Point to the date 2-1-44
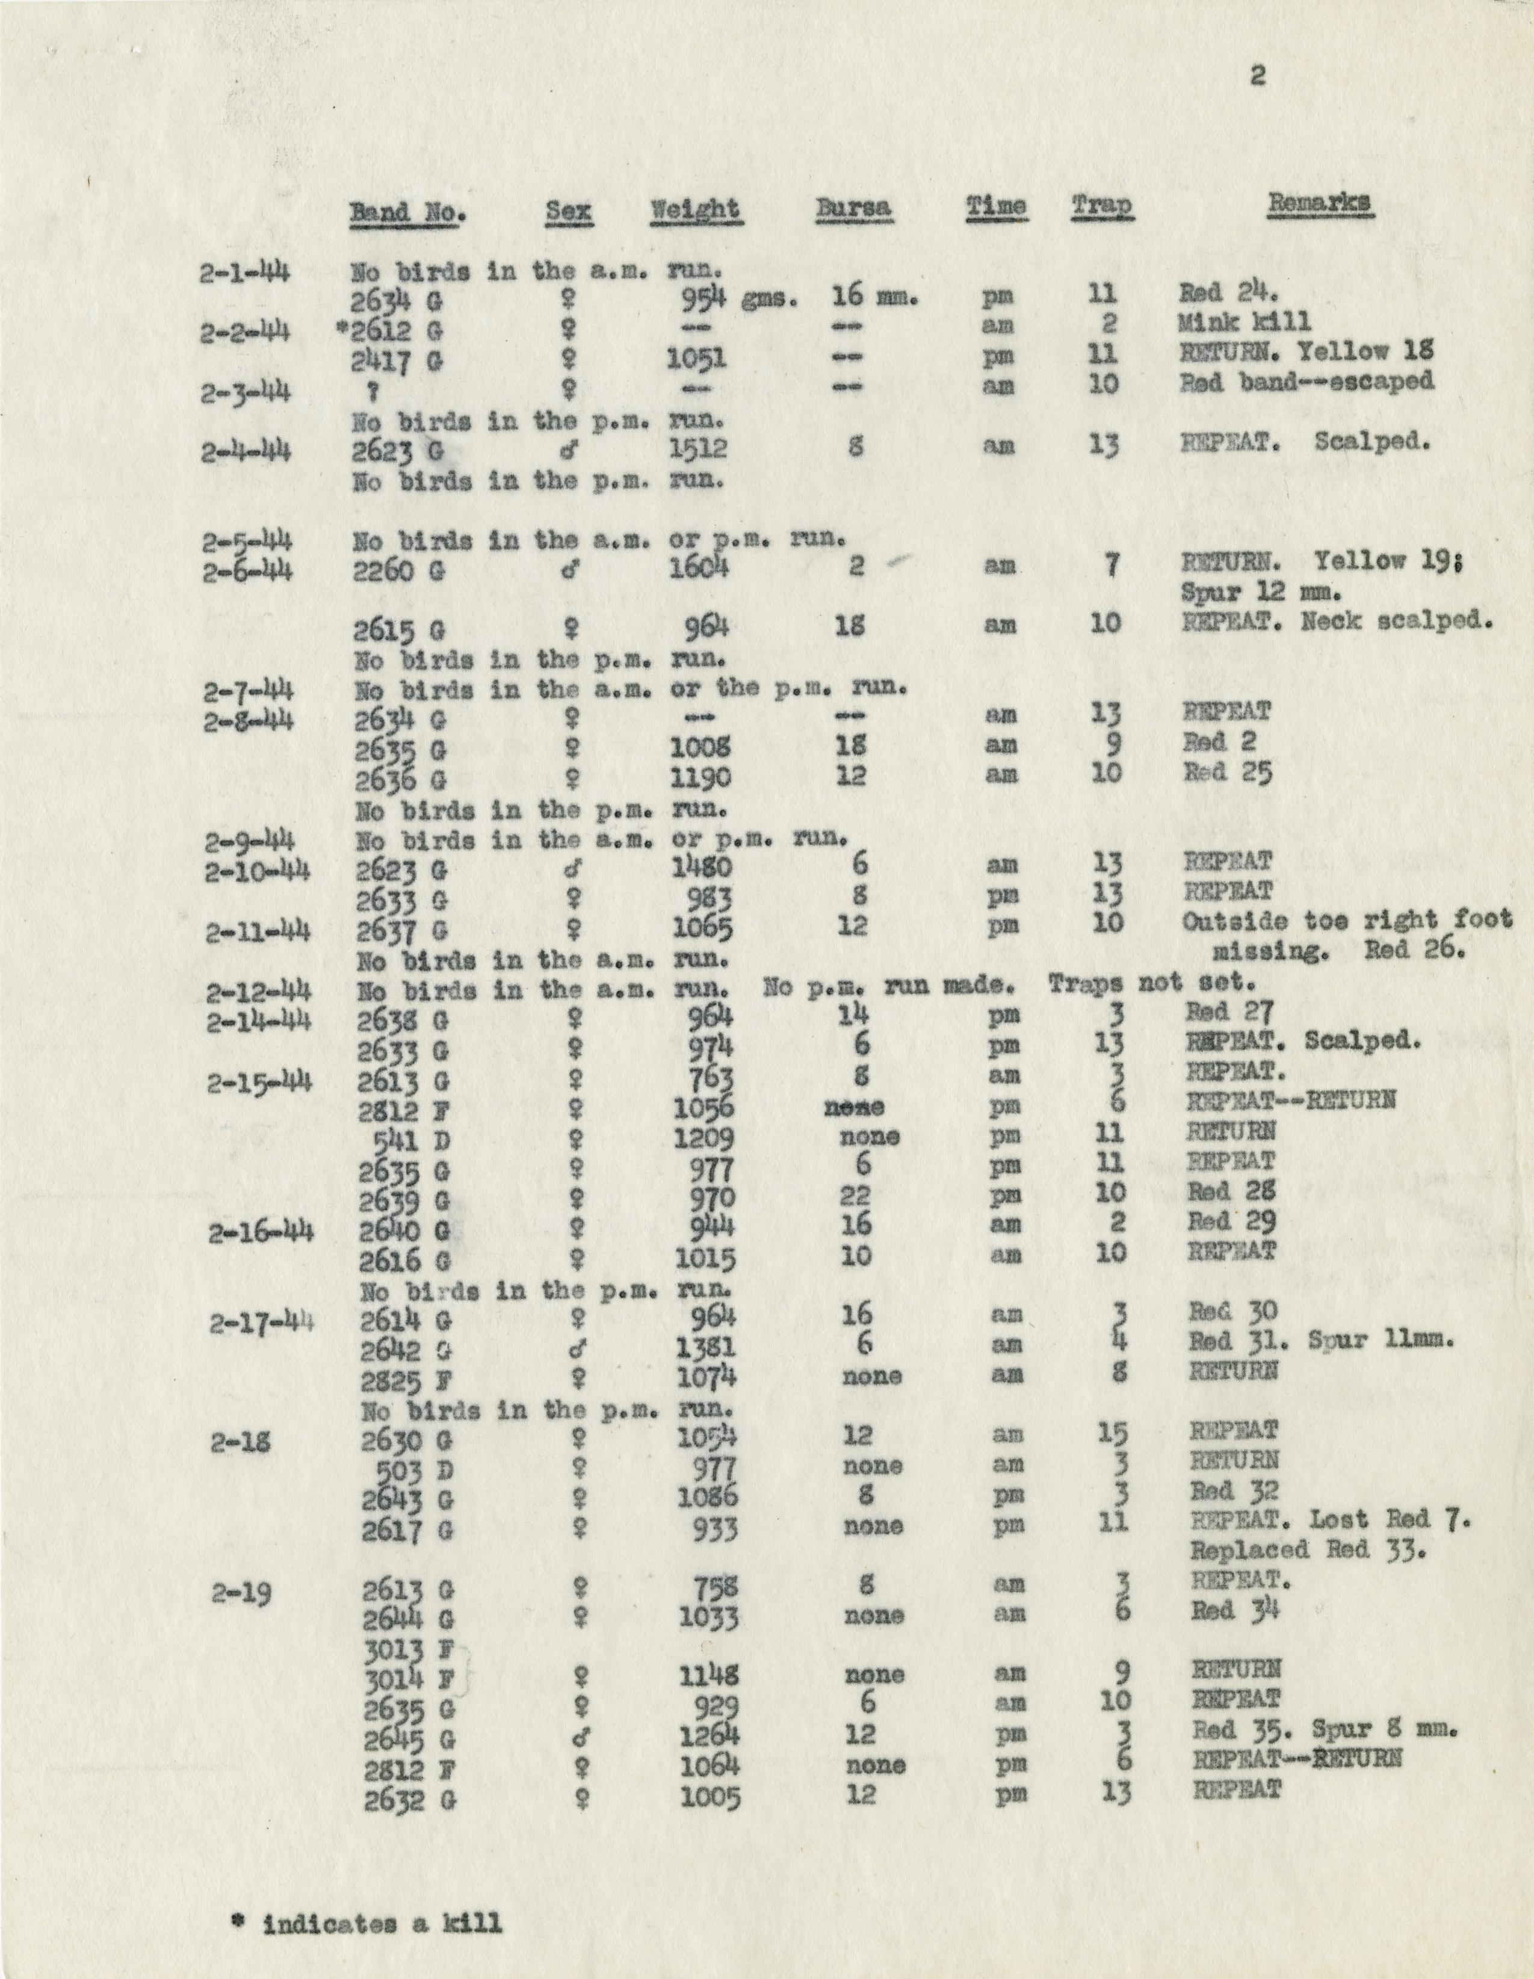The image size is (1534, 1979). [x=245, y=270]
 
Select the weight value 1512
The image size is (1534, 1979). [x=697, y=446]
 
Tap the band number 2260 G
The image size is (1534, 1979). [x=398, y=571]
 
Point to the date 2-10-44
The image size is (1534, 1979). [x=258, y=872]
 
